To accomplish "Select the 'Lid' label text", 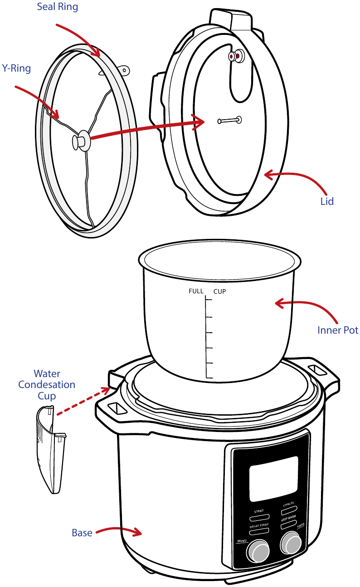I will click(326, 201).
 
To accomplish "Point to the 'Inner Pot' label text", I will click(338, 330).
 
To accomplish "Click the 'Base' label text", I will click(82, 533).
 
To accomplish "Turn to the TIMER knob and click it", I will click(291, 540).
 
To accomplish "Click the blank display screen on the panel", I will click(273, 479).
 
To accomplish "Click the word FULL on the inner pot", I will click(196, 291).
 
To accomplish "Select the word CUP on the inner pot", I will click(219, 291).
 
